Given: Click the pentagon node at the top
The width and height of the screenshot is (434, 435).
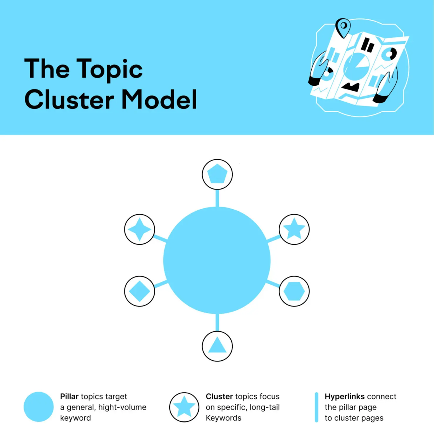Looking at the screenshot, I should coord(217,174).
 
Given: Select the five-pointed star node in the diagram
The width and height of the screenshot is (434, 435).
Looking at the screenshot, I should coord(294,229).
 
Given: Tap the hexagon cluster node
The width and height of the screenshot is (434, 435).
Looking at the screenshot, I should coord(294,291).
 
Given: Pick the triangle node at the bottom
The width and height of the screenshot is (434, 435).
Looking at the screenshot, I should coord(217,346).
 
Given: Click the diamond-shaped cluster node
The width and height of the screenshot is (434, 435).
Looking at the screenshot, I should coord(140,291).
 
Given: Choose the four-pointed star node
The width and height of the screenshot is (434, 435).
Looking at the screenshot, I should coord(140,229).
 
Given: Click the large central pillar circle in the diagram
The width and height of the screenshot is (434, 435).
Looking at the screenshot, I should coord(217,260).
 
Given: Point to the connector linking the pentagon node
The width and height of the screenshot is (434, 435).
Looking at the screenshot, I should coord(217,198).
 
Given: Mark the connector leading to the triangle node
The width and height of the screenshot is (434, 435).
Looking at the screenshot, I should coord(217,322).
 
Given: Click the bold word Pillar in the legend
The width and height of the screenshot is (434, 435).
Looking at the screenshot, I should coord(69,397).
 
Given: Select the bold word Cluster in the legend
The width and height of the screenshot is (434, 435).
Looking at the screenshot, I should coord(219,397).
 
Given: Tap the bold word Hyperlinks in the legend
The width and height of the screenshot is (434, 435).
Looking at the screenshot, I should coord(345,397).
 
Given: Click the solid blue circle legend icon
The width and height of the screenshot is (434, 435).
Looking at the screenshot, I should coord(39,407).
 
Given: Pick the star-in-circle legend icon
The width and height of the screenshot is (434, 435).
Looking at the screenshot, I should coord(184,407).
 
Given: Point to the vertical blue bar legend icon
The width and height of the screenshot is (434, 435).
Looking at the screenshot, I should coord(316,407).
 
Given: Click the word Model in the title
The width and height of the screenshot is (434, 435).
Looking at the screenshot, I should coord(159,99).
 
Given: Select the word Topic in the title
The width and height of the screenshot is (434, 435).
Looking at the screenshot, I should coord(109,69).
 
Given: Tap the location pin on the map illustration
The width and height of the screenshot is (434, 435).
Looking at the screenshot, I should coord(343,27).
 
